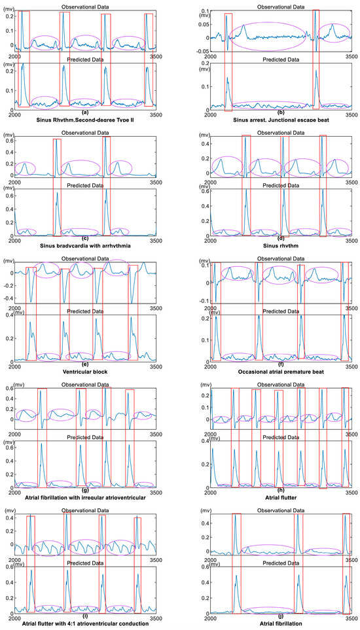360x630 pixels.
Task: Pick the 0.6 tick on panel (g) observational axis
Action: pyautogui.click(x=8, y=389)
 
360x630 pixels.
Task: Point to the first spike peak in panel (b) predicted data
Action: pyautogui.click(x=227, y=78)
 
